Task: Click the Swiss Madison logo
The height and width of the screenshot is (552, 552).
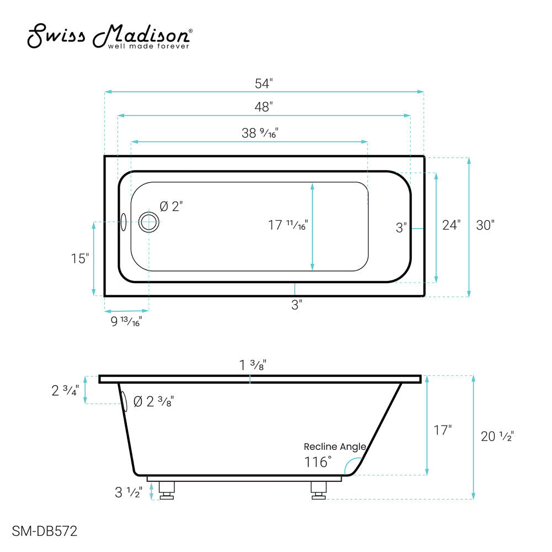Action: point(110,36)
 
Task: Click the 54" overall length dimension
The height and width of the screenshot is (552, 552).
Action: point(264,83)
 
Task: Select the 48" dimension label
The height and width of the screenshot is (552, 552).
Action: point(264,107)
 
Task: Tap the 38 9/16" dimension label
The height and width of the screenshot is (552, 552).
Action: point(259,133)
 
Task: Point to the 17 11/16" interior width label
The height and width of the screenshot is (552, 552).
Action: point(288,225)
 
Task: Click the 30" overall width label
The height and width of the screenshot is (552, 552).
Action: point(485,225)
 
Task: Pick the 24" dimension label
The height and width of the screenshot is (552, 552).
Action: point(451,225)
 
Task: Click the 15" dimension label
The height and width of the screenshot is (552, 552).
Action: point(79,258)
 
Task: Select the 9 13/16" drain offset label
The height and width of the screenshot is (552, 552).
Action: point(126,321)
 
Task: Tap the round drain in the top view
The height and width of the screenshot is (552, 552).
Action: point(148,222)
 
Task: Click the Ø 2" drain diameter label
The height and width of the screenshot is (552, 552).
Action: point(171,206)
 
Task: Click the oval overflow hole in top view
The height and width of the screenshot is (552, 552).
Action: point(124,222)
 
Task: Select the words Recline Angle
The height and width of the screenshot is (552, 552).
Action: point(342,447)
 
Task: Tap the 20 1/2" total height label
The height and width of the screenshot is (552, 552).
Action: point(497,436)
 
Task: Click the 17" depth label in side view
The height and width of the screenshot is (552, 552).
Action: point(442,430)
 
